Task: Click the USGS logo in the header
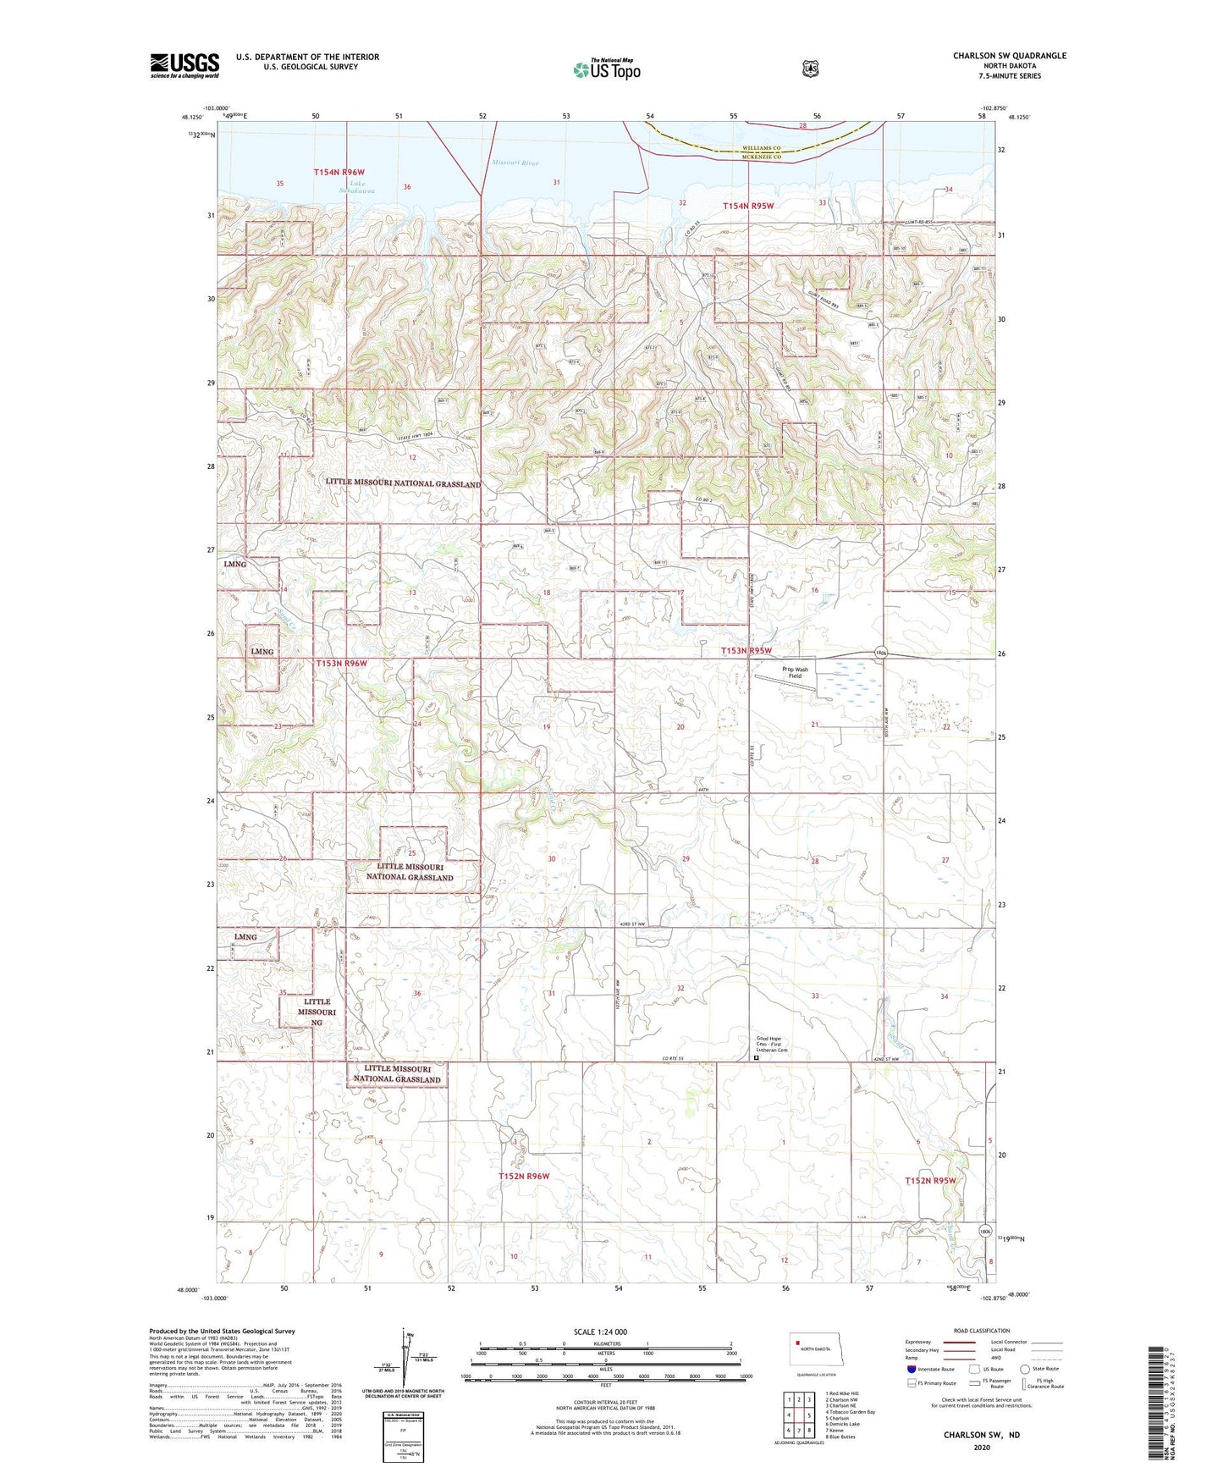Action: point(185,65)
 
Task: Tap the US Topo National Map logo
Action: point(605,69)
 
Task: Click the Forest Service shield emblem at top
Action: point(810,69)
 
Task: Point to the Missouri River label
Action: point(515,163)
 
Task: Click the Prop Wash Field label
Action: point(795,673)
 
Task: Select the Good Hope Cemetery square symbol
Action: point(757,1057)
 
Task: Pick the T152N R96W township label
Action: point(523,1177)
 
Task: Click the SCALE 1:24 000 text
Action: point(600,1332)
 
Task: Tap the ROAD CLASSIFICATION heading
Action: point(981,1331)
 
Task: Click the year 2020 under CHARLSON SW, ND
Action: point(981,1447)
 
